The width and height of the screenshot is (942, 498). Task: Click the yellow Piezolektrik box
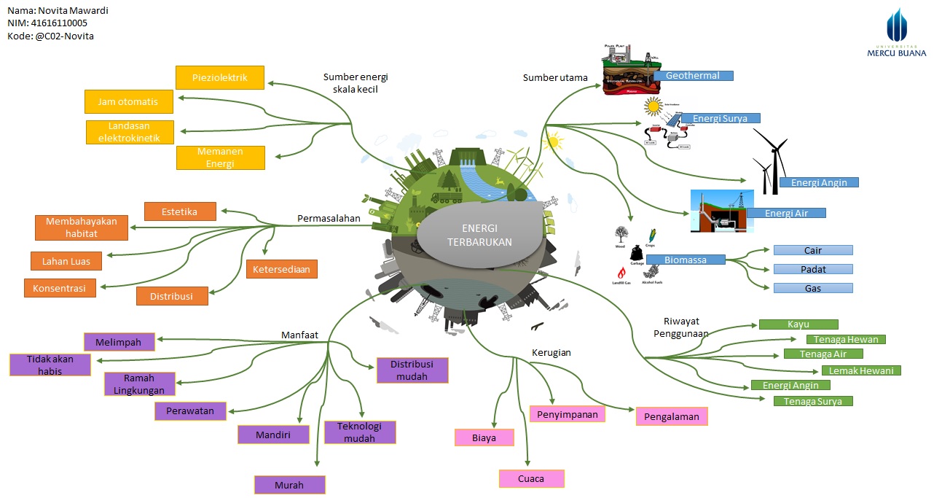(x=219, y=77)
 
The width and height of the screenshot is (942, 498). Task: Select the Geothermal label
(x=693, y=75)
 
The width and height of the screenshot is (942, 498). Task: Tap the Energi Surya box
(x=720, y=118)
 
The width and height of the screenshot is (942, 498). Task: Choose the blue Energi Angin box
(x=819, y=182)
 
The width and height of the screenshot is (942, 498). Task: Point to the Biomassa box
(x=686, y=260)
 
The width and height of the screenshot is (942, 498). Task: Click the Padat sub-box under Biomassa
(x=813, y=269)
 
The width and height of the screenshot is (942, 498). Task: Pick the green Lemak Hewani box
(x=861, y=370)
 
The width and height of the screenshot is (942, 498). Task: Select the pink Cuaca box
(x=532, y=479)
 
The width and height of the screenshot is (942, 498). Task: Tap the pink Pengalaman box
(x=671, y=416)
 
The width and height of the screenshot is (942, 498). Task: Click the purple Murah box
(x=289, y=485)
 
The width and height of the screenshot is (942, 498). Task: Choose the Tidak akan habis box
(x=50, y=365)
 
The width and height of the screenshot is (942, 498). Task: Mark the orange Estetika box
(x=180, y=211)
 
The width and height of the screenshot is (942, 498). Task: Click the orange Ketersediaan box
(x=281, y=269)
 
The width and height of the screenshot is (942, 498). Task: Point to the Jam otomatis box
(x=128, y=101)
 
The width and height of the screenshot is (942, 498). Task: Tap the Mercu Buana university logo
(x=896, y=33)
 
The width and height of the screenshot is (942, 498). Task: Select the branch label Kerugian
(x=550, y=352)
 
